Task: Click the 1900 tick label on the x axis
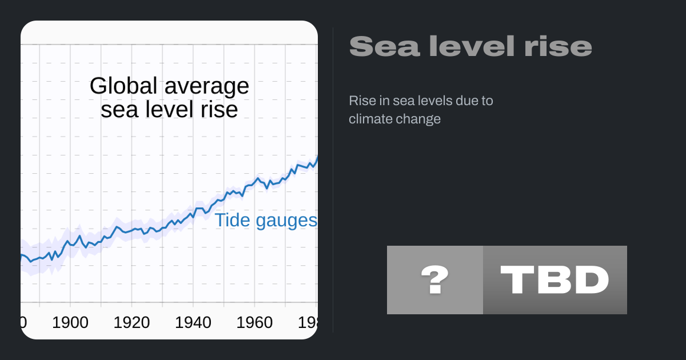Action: pyautogui.click(x=70, y=323)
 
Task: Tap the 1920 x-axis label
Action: pyautogui.click(x=131, y=323)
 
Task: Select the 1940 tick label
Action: pyautogui.click(x=193, y=323)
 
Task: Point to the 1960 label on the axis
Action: pyautogui.click(x=254, y=323)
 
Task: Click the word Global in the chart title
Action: pyautogui.click(x=123, y=86)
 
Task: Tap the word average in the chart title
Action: pyautogui.click(x=206, y=86)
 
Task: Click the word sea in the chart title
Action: pyautogui.click(x=116, y=109)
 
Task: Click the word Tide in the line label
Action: pyautogui.click(x=232, y=221)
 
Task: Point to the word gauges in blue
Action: pyautogui.click(x=285, y=222)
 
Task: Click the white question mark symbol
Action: pyautogui.click(x=434, y=280)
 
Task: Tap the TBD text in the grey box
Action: pyautogui.click(x=555, y=280)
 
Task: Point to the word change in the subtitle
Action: pyautogui.click(x=420, y=119)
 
